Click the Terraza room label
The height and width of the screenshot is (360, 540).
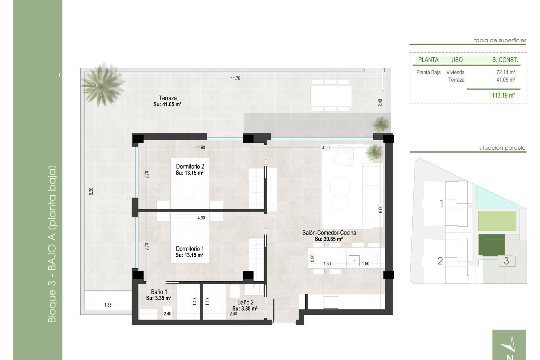pos(168,98)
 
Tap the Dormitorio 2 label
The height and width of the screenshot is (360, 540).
pos(190,166)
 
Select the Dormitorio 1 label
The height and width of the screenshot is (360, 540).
pos(190,249)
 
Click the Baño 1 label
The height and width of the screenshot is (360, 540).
pos(159,292)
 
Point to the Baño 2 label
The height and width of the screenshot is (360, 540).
pos(245,302)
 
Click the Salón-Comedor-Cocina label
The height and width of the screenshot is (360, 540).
pos(329,233)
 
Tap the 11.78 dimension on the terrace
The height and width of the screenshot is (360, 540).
pos(235,78)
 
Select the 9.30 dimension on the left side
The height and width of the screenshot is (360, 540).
pos(91,191)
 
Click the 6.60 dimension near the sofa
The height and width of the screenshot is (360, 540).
pos(380,209)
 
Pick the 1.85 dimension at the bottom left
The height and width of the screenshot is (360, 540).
pos(108,305)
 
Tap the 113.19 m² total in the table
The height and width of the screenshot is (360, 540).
pos(503,95)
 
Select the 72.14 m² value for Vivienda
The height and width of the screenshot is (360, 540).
pos(505,72)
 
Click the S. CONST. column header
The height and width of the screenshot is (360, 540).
pos(505,60)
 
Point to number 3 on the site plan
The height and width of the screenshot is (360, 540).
pos(506,261)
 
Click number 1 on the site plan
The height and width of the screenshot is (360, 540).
pos(441,204)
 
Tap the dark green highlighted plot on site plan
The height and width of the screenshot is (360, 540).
pos(492,245)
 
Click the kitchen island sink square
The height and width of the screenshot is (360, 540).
pos(354,260)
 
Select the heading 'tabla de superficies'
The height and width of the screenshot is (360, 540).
pos(500,40)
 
